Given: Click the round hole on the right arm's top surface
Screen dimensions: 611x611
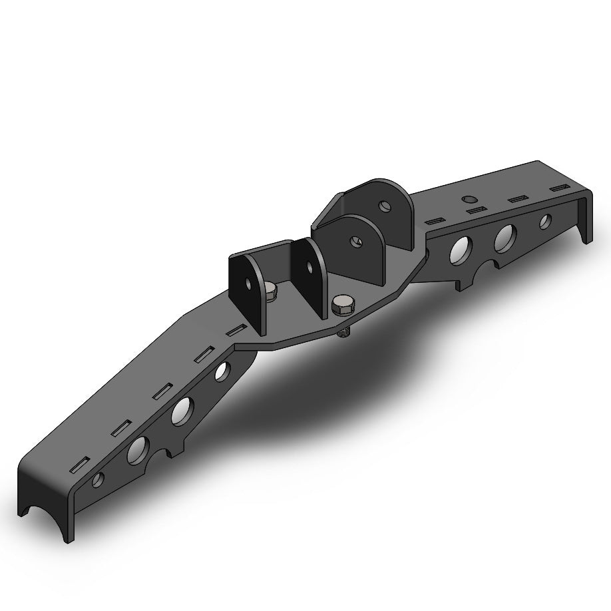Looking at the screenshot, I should pyautogui.click(x=470, y=199).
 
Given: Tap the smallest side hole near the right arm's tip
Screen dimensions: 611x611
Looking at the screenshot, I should pyautogui.click(x=545, y=221).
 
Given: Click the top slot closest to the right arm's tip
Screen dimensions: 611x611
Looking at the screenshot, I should pyautogui.click(x=556, y=190).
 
